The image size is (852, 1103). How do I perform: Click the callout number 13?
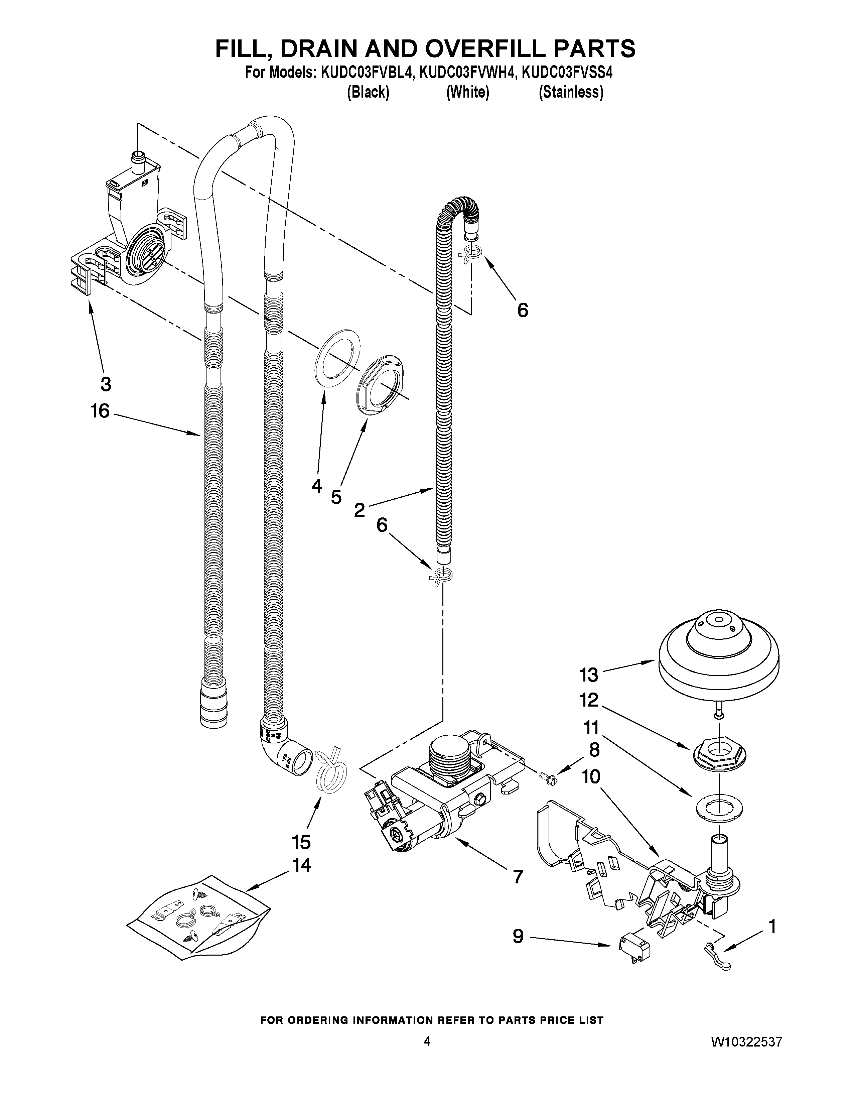point(588,675)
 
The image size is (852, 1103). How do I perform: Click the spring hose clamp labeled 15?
point(330,773)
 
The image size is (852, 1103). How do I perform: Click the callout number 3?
point(106,384)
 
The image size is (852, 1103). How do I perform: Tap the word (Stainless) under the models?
point(571,93)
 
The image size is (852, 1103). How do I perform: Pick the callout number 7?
point(518,876)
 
